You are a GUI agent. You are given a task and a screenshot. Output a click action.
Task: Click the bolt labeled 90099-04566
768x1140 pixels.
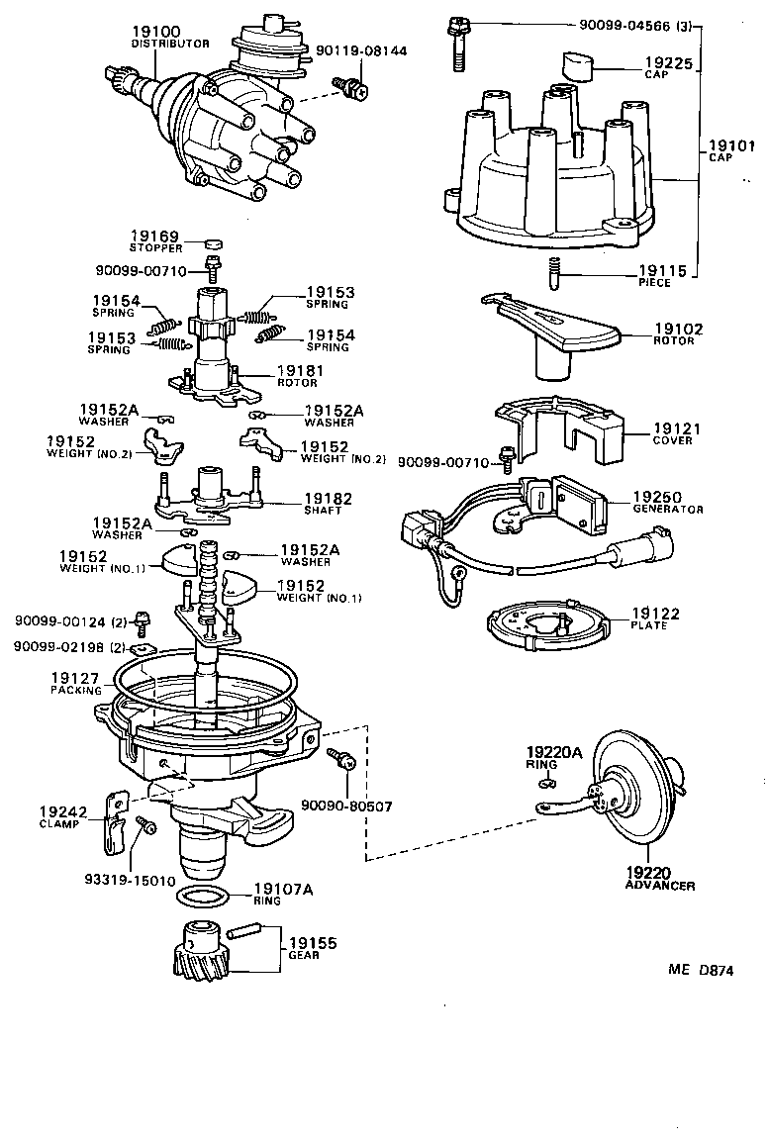point(458,45)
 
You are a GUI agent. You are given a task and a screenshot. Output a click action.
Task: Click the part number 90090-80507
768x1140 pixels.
point(345,806)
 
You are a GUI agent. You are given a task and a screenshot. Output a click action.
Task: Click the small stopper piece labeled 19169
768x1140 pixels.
point(212,242)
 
